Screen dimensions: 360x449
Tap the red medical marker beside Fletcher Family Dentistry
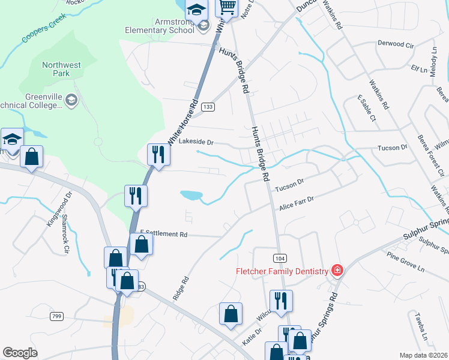[x=337, y=271]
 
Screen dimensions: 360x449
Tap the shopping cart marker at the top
[x=227, y=8]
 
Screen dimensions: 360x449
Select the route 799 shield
[x=57, y=316]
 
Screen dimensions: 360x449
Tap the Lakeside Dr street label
[x=196, y=142]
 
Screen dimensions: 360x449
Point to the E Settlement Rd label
[x=164, y=234]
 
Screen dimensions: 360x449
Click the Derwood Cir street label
[x=396, y=44]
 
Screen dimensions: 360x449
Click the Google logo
[x=20, y=352]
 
